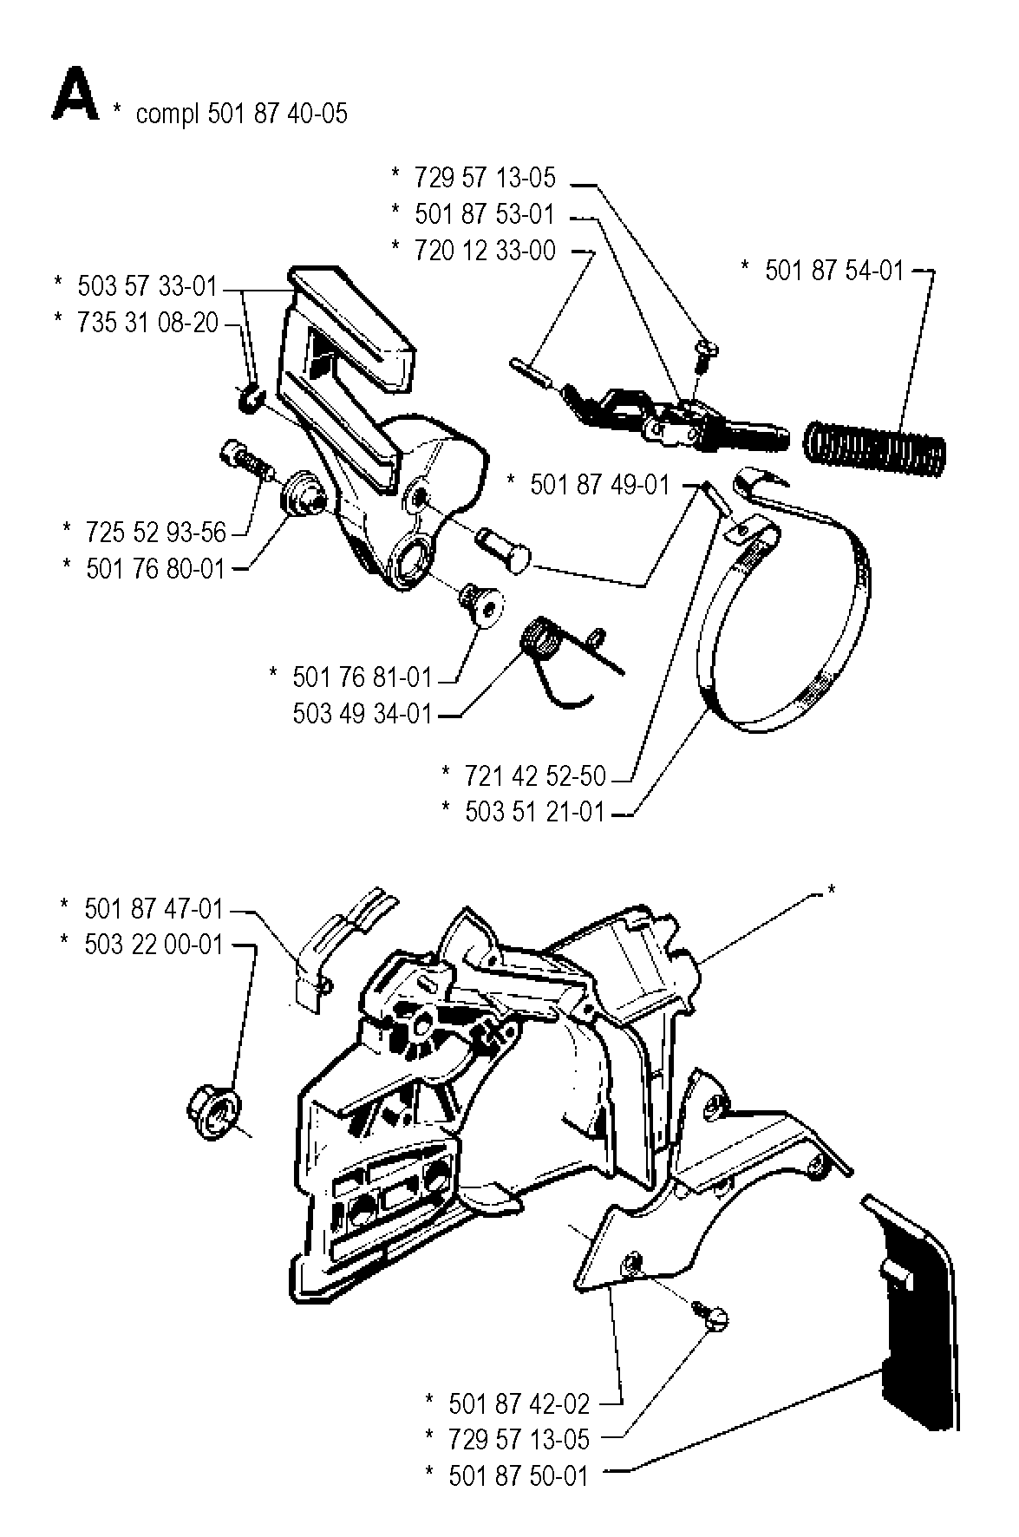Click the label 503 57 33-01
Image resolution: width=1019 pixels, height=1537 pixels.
147,286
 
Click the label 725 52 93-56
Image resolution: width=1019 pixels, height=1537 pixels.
155,531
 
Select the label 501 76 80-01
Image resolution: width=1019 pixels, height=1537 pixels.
155,569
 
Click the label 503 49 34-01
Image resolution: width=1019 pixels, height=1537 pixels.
362,714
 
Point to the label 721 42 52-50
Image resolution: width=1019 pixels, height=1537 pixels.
534,775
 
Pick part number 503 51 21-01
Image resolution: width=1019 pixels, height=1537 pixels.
534,813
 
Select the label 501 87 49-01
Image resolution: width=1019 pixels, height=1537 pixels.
599,484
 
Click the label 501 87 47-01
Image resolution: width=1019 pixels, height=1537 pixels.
154,909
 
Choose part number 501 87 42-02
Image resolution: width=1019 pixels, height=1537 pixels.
519,1403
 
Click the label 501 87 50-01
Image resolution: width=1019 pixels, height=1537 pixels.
519,1475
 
